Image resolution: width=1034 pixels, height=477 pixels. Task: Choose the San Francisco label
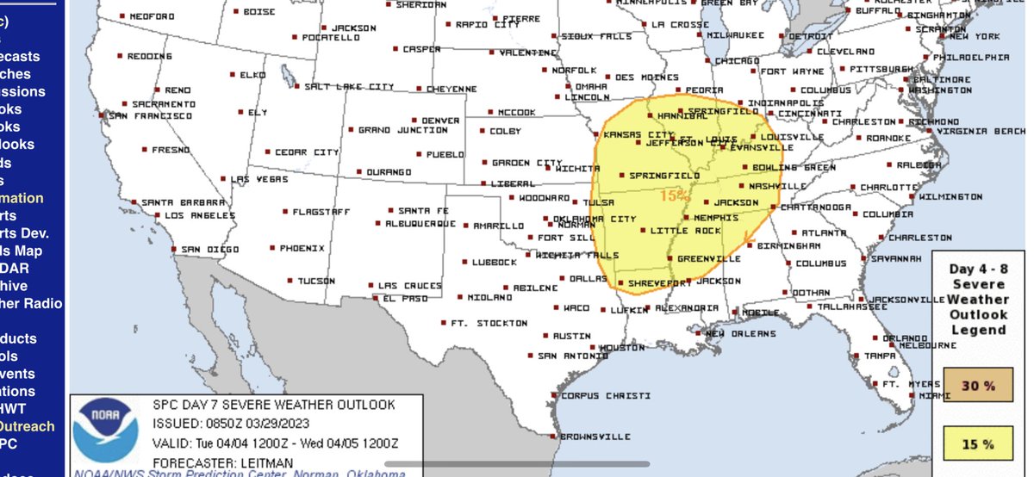149,115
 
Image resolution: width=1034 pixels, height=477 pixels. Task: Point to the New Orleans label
737,334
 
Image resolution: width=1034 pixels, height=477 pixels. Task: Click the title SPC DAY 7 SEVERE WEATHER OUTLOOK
273,404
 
